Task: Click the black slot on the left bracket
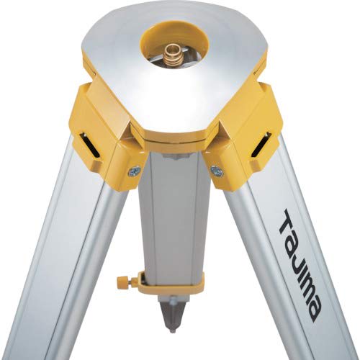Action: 92,144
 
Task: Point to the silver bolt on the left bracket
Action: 135,171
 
